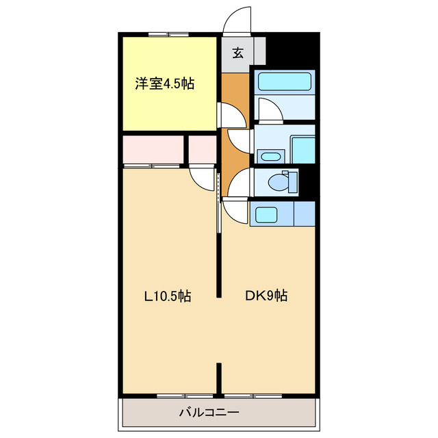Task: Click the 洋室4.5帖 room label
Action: pos(164,85)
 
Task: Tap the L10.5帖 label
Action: pos(166,296)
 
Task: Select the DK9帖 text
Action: pos(266,296)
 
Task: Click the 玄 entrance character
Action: pos(237,53)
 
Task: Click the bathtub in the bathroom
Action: pos(284,83)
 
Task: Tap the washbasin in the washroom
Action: pos(270,157)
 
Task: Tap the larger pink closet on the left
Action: pos(154,150)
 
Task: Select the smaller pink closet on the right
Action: pos(203,150)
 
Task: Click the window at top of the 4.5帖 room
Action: pos(168,34)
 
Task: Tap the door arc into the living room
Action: pos(203,178)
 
